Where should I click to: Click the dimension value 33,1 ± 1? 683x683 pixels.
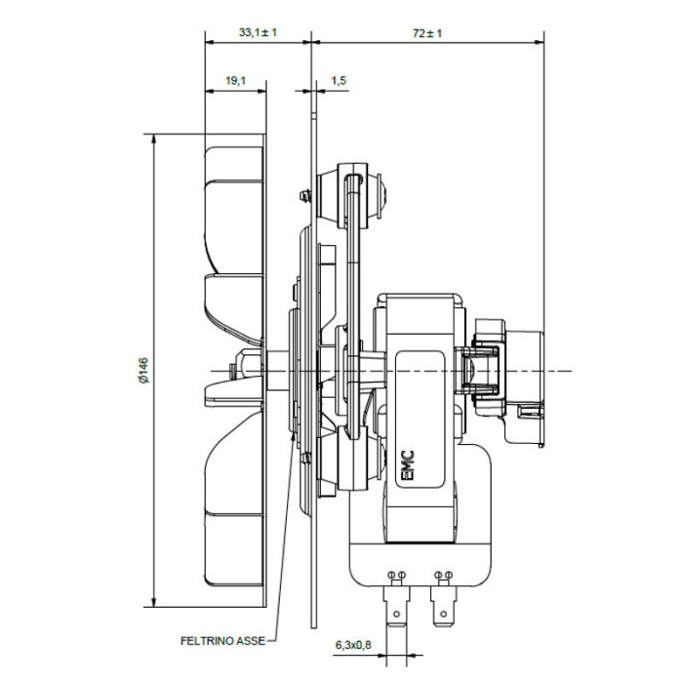[x=258, y=32]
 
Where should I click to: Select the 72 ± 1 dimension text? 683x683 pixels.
[x=427, y=32]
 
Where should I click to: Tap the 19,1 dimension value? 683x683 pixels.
[x=235, y=81]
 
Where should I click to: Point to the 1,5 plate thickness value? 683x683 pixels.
[x=339, y=81]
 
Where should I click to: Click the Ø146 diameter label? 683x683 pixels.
[x=142, y=372]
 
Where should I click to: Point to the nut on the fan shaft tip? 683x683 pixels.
[x=229, y=371]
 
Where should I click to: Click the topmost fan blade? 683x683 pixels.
[x=234, y=185]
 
